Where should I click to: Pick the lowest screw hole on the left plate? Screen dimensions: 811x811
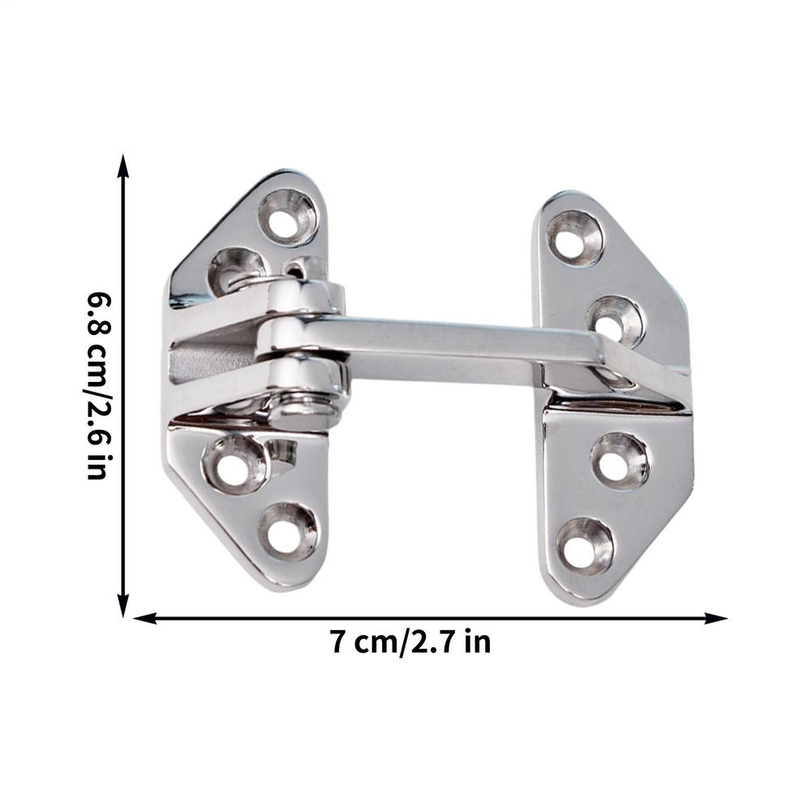[288, 531]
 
